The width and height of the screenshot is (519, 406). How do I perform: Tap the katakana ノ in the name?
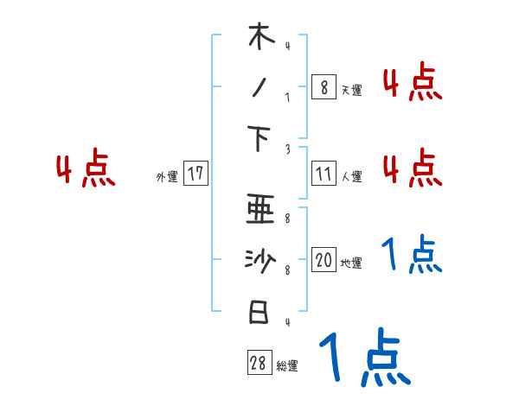point(259,86)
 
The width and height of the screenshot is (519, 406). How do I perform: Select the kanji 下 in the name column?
point(259,137)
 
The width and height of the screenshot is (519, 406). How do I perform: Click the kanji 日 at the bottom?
point(259,312)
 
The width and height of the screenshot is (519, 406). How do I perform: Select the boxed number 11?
point(324,174)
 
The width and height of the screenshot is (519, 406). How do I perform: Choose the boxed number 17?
point(195,174)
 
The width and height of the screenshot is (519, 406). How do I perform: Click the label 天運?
point(351,89)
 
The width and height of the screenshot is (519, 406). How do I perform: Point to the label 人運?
point(351,176)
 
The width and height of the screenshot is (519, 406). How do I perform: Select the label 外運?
point(166,176)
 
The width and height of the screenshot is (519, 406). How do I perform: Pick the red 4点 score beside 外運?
point(86,169)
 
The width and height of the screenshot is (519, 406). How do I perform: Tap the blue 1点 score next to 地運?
point(412,255)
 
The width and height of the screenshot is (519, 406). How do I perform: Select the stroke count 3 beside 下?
point(286,149)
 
